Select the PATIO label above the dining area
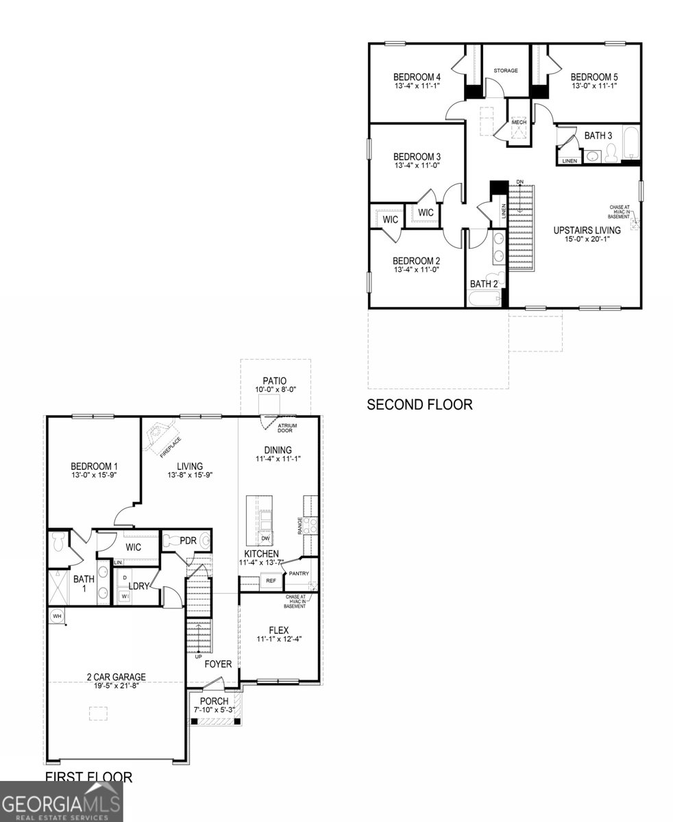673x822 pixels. [274, 381]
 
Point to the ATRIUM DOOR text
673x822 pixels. [286, 428]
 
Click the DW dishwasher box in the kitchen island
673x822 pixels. [265, 538]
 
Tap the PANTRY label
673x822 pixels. [299, 573]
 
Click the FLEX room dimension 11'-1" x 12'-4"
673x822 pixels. [279, 639]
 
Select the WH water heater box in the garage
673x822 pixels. [56, 616]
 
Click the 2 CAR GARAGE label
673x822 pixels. [116, 677]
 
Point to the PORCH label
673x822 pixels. [214, 701]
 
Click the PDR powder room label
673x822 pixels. [188, 540]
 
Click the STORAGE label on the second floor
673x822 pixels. [506, 71]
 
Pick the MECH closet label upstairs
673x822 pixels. [519, 122]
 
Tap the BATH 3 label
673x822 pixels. [598, 136]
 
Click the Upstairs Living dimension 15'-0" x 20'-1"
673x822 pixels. [587, 239]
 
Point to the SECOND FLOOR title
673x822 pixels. [419, 405]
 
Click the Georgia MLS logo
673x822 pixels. [62, 801]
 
